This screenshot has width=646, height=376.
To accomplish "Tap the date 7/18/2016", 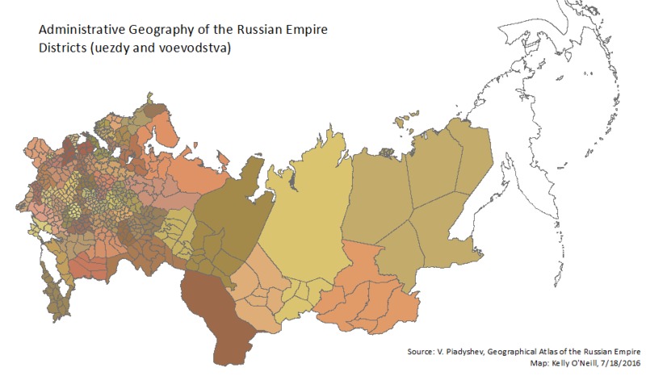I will [619, 364].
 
